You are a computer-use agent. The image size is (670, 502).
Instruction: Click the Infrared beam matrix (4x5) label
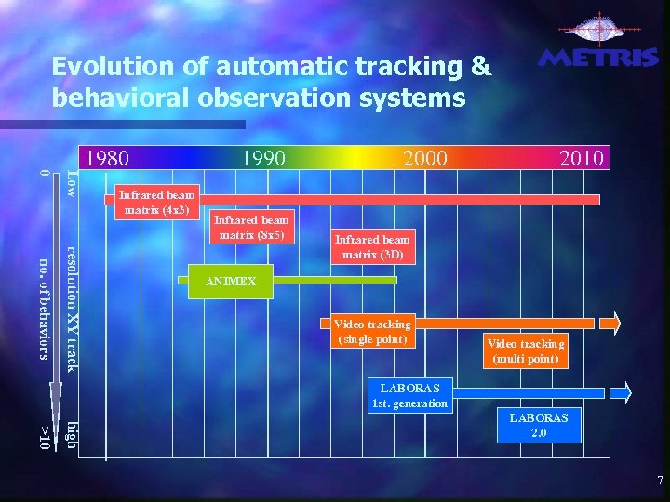point(154,202)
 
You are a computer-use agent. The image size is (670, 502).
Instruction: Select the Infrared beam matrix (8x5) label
point(253,227)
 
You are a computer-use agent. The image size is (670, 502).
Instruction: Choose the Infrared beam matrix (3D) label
point(372,246)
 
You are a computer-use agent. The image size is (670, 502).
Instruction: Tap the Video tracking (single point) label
point(372,331)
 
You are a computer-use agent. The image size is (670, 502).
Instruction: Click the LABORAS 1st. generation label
point(410,394)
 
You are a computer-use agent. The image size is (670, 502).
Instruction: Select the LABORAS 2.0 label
point(539,426)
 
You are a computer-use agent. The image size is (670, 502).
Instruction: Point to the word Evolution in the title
point(101,67)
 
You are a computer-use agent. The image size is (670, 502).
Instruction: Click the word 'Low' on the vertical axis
point(72,184)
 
